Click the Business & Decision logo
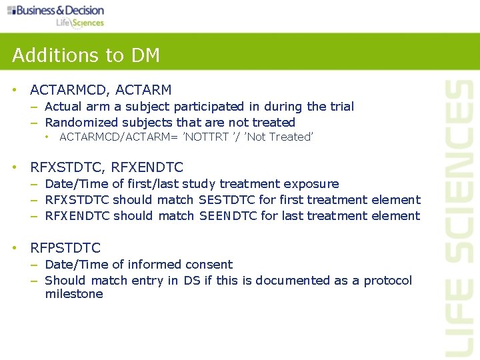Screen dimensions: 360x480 56,15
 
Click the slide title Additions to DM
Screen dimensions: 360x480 86,55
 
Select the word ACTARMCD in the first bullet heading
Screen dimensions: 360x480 65,90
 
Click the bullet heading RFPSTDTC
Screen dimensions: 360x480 65,248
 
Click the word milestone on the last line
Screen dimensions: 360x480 74,294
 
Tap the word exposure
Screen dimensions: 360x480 313,184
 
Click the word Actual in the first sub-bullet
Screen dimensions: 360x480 63,107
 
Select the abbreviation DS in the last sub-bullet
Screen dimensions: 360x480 191,281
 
